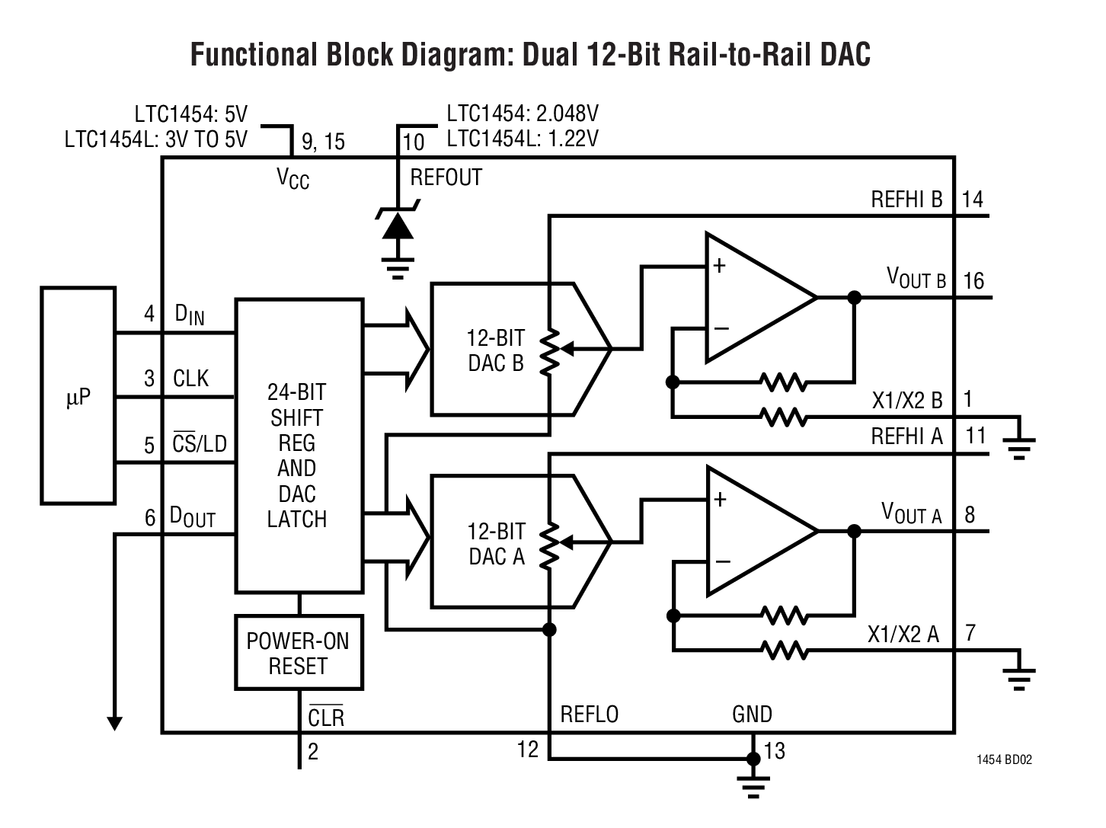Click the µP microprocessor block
tap(78, 396)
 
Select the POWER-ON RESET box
tap(298, 653)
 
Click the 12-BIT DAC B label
tap(496, 350)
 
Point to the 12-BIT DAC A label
tap(497, 544)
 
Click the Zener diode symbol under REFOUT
tap(397, 225)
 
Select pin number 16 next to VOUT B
tap(973, 281)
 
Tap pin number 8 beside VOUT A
tap(970, 515)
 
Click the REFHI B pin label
tap(906, 200)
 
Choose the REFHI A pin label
tap(906, 436)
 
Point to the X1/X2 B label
tap(907, 400)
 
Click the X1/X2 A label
tap(903, 634)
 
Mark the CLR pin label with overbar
tap(326, 717)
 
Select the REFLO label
tap(589, 715)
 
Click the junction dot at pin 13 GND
tap(753, 759)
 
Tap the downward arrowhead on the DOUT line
tap(115, 723)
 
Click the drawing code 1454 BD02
tap(1005, 759)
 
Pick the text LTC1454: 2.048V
tap(523, 114)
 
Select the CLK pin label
tap(190, 379)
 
